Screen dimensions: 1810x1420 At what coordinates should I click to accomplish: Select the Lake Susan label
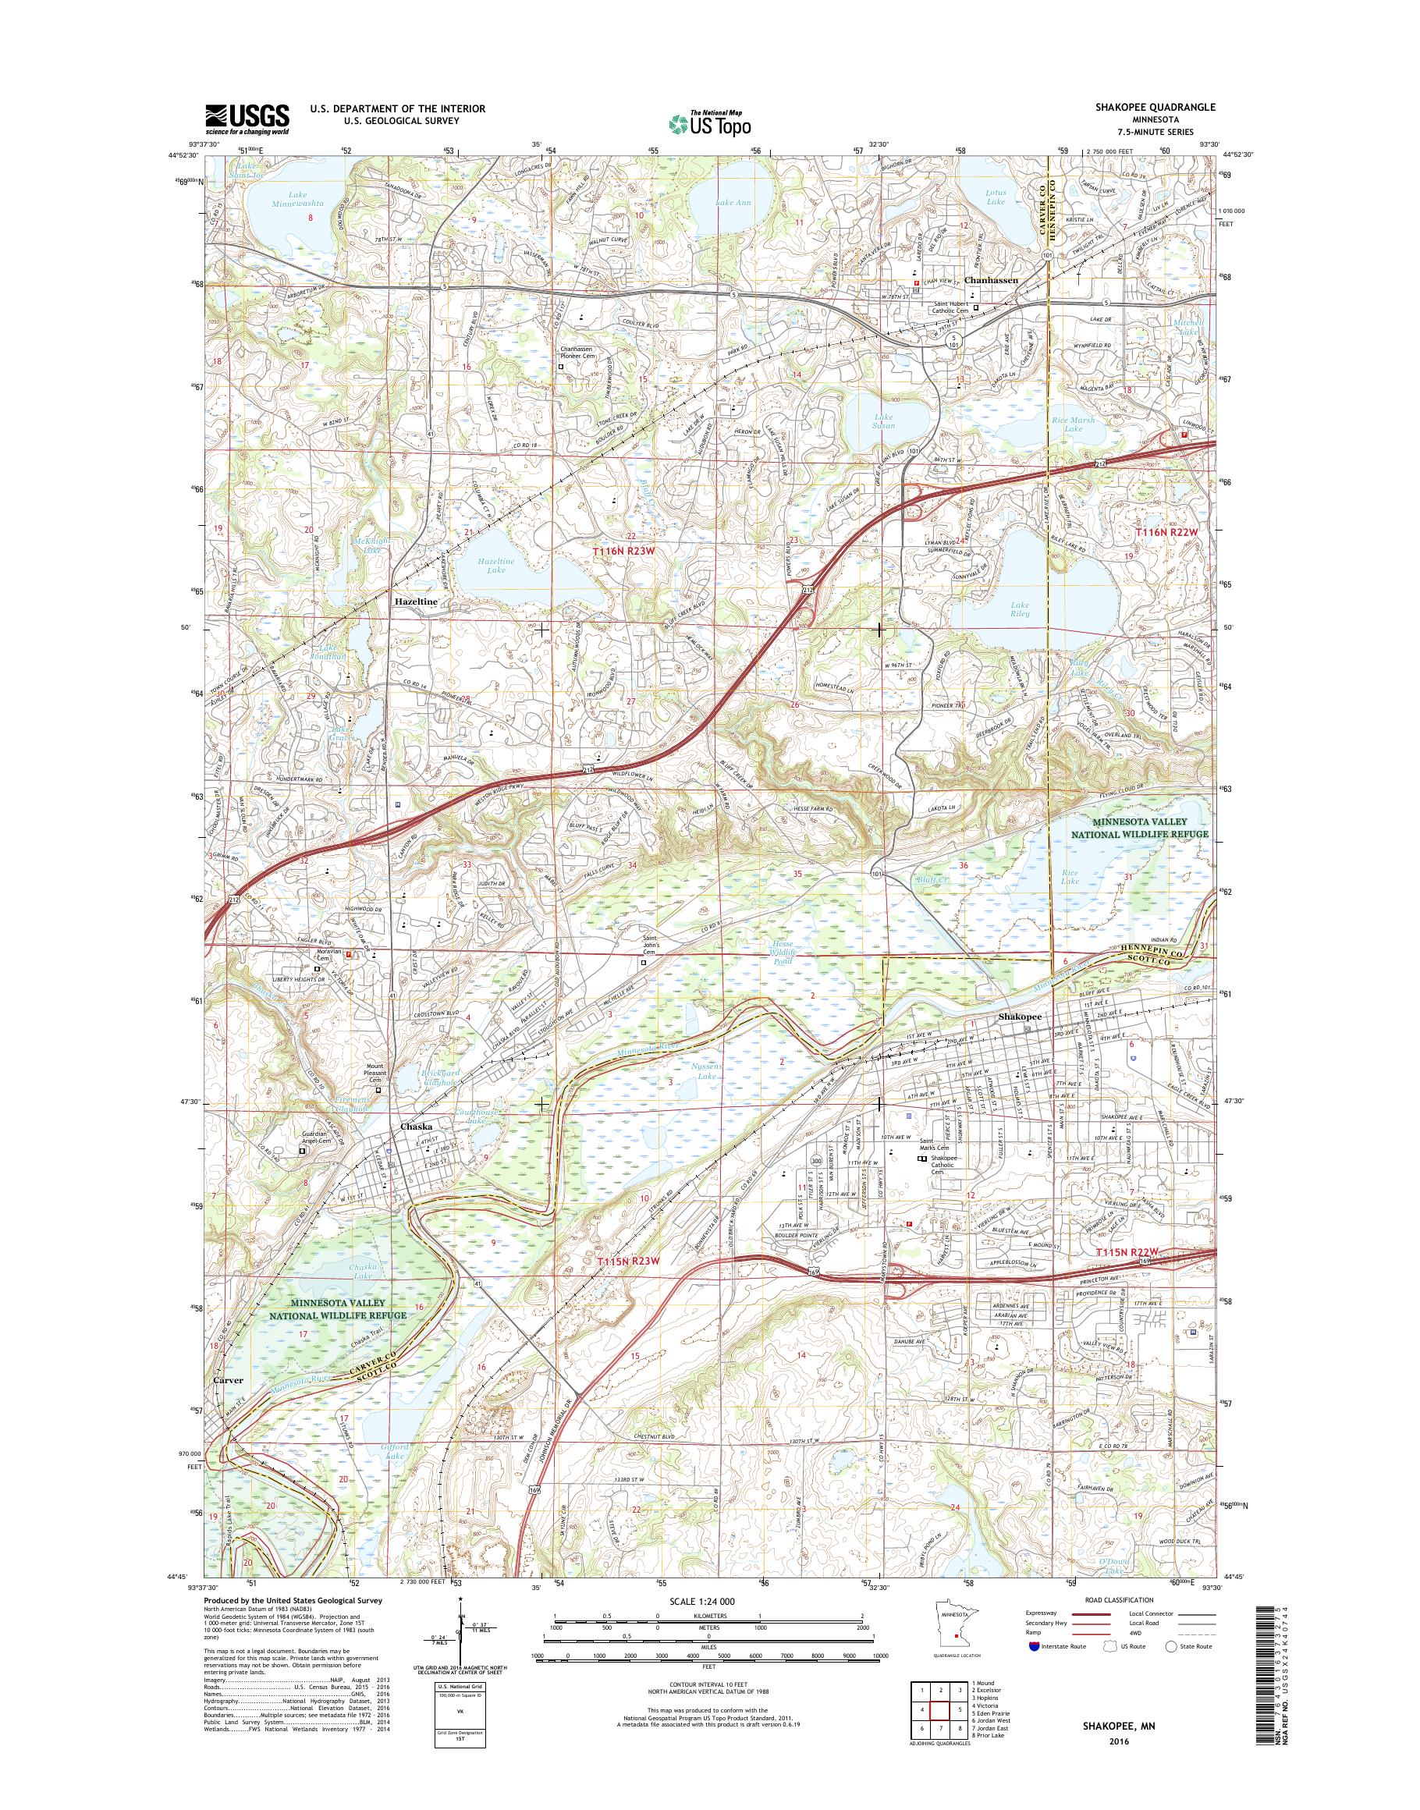tap(884, 421)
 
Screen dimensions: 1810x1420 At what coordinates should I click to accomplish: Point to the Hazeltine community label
tap(416, 600)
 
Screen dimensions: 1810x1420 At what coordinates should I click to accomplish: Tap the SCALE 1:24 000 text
tap(703, 1624)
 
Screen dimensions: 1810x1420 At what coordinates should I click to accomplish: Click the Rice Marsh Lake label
tap(1074, 424)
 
